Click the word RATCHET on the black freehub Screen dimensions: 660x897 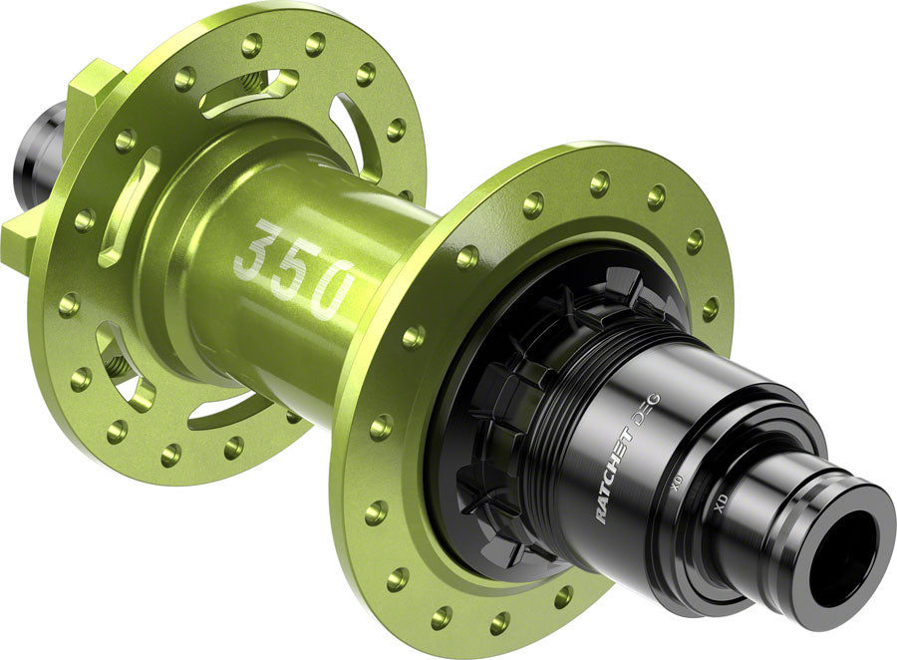(x=616, y=474)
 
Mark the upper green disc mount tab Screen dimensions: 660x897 (x=95, y=85)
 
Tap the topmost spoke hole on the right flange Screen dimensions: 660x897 (x=599, y=182)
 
